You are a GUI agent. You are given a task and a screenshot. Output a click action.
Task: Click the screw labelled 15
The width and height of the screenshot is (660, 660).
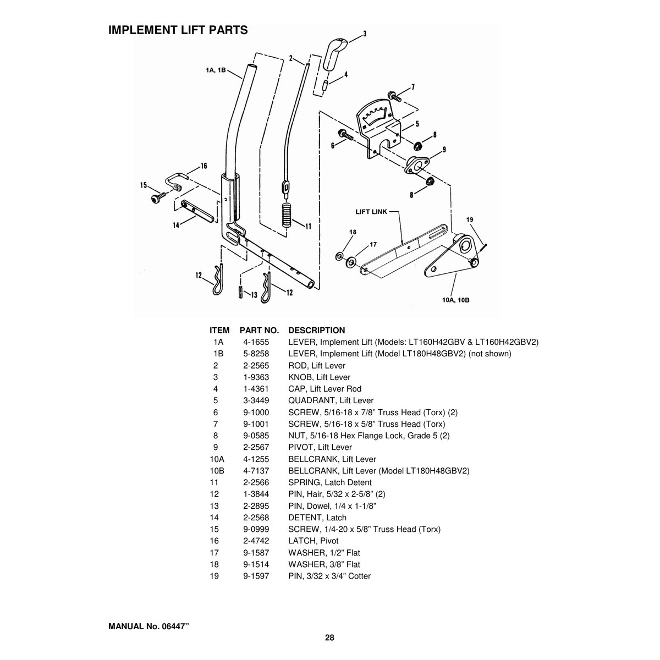click(x=158, y=197)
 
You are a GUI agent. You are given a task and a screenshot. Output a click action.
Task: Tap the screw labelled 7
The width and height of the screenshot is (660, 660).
click(x=394, y=96)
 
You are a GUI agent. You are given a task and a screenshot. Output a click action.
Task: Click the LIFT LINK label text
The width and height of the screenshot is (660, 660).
click(x=371, y=212)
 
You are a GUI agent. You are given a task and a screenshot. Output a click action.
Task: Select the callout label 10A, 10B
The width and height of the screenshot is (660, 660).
click(x=455, y=300)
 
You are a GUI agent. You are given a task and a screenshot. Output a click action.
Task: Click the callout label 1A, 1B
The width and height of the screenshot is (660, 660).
click(x=216, y=70)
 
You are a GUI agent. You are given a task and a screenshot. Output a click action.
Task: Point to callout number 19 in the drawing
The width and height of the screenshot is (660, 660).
click(x=470, y=219)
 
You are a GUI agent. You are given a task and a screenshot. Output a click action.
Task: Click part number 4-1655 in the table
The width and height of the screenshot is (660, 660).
click(x=256, y=342)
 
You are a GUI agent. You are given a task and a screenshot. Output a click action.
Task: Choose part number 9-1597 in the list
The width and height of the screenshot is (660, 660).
click(x=256, y=576)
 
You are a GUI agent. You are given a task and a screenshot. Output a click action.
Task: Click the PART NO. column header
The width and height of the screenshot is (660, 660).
click(x=259, y=330)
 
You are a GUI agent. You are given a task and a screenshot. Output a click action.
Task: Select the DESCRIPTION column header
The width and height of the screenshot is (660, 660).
click(x=316, y=330)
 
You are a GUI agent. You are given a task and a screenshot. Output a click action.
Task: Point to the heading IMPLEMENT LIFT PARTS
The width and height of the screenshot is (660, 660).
click(x=178, y=30)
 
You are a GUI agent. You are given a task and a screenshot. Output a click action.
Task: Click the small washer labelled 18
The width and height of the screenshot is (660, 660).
click(x=339, y=256)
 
